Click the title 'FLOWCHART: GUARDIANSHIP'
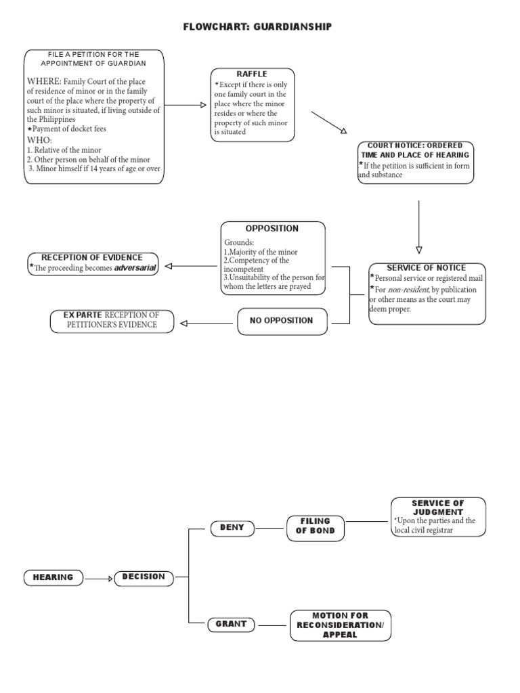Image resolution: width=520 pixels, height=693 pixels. [258, 26]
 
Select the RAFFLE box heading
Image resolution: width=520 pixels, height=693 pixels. [252, 74]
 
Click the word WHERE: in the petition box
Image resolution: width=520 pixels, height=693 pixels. [44, 82]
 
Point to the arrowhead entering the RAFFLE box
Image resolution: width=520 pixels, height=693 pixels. [202, 105]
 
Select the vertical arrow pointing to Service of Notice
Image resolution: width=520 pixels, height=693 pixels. [418, 227]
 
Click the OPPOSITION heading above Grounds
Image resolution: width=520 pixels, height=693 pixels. [272, 229]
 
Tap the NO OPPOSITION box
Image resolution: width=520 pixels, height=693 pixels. [281, 321]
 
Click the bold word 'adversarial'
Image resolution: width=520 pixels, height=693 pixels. [135, 268]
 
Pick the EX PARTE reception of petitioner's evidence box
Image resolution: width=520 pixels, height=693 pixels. [112, 321]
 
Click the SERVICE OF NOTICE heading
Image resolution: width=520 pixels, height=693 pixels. [426, 268]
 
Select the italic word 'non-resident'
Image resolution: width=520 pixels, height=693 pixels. [408, 290]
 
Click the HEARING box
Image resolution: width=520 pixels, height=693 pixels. [53, 577]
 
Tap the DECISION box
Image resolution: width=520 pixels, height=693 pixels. [144, 577]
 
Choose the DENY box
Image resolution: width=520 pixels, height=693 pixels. [232, 527]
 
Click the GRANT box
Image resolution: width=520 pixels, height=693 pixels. [232, 624]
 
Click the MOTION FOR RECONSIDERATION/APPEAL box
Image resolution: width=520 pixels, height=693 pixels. [340, 625]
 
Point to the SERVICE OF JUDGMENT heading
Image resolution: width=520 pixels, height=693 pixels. [437, 508]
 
